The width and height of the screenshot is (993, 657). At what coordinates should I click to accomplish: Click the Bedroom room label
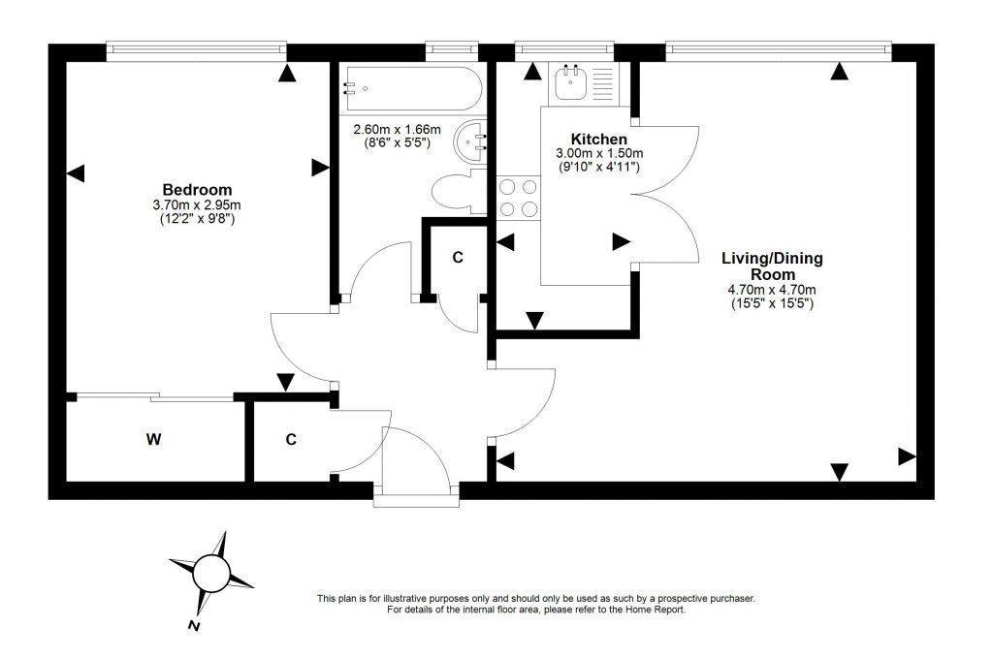(x=197, y=189)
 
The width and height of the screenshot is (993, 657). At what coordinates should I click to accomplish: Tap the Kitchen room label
(x=598, y=139)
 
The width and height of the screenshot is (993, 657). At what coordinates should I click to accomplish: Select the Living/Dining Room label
(x=772, y=266)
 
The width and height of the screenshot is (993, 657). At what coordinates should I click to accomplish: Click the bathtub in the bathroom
(x=411, y=89)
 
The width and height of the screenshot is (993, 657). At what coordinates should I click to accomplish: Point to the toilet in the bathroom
(x=459, y=191)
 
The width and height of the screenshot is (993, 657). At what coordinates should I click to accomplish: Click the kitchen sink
(x=570, y=82)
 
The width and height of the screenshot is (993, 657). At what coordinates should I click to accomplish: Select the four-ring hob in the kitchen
(x=518, y=198)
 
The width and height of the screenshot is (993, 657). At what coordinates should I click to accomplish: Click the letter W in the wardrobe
(x=153, y=439)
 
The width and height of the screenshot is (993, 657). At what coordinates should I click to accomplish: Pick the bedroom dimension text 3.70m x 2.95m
(x=197, y=205)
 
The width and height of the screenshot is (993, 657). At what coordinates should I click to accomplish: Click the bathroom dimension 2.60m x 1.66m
(x=397, y=130)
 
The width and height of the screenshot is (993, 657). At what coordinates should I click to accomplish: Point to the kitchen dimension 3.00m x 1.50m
(x=599, y=153)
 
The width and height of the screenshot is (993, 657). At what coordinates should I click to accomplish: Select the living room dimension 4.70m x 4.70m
(x=771, y=290)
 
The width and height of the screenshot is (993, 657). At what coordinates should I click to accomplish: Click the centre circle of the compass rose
(x=210, y=572)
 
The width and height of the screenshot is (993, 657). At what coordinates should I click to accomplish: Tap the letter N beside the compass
(x=194, y=626)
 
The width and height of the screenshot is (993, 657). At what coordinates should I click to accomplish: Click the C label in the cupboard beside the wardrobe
(x=291, y=439)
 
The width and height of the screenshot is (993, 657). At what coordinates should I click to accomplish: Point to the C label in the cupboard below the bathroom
(x=458, y=258)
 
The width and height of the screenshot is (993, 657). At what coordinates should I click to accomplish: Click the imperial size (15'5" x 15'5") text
(x=771, y=303)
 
